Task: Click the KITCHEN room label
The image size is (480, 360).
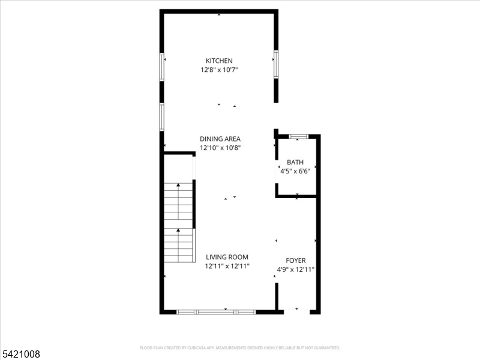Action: pyautogui.click(x=219, y=61)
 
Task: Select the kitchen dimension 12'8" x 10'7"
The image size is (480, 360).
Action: pyautogui.click(x=219, y=70)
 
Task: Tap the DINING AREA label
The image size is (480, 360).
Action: pyautogui.click(x=220, y=139)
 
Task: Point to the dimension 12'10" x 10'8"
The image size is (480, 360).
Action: pyautogui.click(x=220, y=148)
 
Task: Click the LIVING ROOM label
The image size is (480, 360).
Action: pyautogui.click(x=227, y=257)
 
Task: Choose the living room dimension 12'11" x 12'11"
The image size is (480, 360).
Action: pyautogui.click(x=227, y=266)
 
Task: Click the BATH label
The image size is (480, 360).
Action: pyautogui.click(x=295, y=162)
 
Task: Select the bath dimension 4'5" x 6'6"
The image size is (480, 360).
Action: pyautogui.click(x=295, y=171)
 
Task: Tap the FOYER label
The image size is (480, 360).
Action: pyautogui.click(x=295, y=260)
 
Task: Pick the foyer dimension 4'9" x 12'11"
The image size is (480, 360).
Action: pyautogui.click(x=295, y=269)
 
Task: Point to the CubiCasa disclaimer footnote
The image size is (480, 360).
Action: pyautogui.click(x=240, y=347)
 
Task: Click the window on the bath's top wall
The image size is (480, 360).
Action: pyautogui.click(x=298, y=137)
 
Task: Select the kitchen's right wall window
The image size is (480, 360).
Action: pyautogui.click(x=276, y=64)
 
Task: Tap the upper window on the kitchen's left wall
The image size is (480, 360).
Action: pyautogui.click(x=161, y=67)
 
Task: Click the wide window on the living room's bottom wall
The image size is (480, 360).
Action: pyautogui.click(x=216, y=312)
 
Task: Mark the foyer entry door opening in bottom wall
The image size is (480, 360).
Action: pyautogui.click(x=296, y=311)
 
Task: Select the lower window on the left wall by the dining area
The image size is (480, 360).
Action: pyautogui.click(x=161, y=116)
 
